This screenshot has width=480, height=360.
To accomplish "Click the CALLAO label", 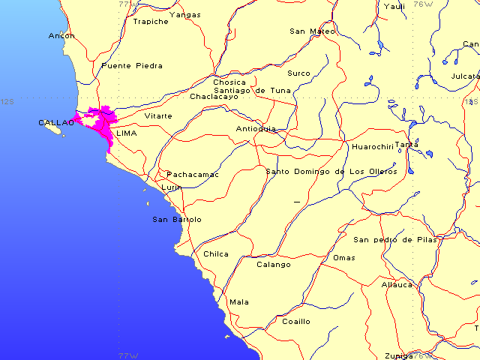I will coord(55,122).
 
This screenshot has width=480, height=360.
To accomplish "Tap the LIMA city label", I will coord(127,133).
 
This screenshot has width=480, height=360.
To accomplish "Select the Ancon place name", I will coord(61,35).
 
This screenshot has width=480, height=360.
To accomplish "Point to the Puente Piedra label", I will coord(131,66).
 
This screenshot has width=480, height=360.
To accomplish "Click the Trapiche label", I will coord(150,22).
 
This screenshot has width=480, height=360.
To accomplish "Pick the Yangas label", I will coord(185,14).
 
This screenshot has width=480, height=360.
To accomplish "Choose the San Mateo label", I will coord(313,31).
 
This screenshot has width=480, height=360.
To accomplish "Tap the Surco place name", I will coord(298,73).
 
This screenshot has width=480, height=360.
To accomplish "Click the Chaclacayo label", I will coord(214,97).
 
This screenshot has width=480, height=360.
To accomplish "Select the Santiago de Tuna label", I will coord(252,90).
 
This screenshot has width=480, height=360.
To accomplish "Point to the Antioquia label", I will coord(256,128).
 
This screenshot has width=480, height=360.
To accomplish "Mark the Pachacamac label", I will coord(193,175).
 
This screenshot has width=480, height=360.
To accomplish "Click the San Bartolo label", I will coord(177,220).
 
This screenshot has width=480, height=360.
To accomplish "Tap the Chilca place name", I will coord(216,254).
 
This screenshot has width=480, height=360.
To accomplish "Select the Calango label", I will coord(274,265).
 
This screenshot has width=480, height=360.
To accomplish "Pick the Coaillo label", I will coord(295,322).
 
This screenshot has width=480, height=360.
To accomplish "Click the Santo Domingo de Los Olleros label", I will coord(331,172).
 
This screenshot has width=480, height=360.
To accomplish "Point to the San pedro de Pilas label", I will coord(394,240).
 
